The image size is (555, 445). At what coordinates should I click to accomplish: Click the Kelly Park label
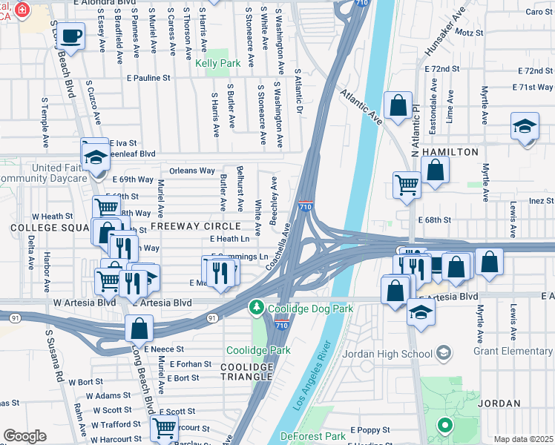[x=218, y=64]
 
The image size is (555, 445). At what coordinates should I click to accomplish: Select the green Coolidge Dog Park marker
[x=256, y=306]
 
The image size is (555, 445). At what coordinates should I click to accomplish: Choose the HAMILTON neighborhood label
[x=450, y=151]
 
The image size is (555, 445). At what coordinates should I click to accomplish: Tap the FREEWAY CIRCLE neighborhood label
[x=196, y=225]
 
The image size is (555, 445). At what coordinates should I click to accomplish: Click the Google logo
[x=24, y=436]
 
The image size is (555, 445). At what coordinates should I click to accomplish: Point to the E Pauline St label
[x=148, y=77]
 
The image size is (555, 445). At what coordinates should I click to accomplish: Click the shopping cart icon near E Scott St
[x=163, y=427]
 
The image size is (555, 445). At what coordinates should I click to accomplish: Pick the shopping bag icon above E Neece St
[x=139, y=327]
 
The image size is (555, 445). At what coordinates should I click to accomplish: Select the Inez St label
[x=541, y=201]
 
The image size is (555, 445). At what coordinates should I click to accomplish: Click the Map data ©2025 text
[x=522, y=439]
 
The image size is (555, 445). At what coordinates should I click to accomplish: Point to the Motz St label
[x=469, y=33]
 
